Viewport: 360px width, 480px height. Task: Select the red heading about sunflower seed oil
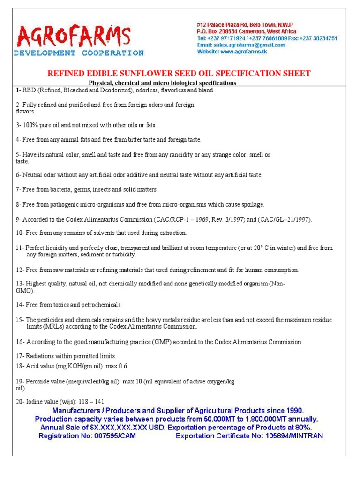[x=180, y=73]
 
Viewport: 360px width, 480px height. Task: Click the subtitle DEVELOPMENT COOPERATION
[x=78, y=53]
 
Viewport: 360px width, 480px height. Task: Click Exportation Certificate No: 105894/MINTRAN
[x=249, y=435]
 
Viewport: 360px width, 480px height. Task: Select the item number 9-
[x=19, y=219]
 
